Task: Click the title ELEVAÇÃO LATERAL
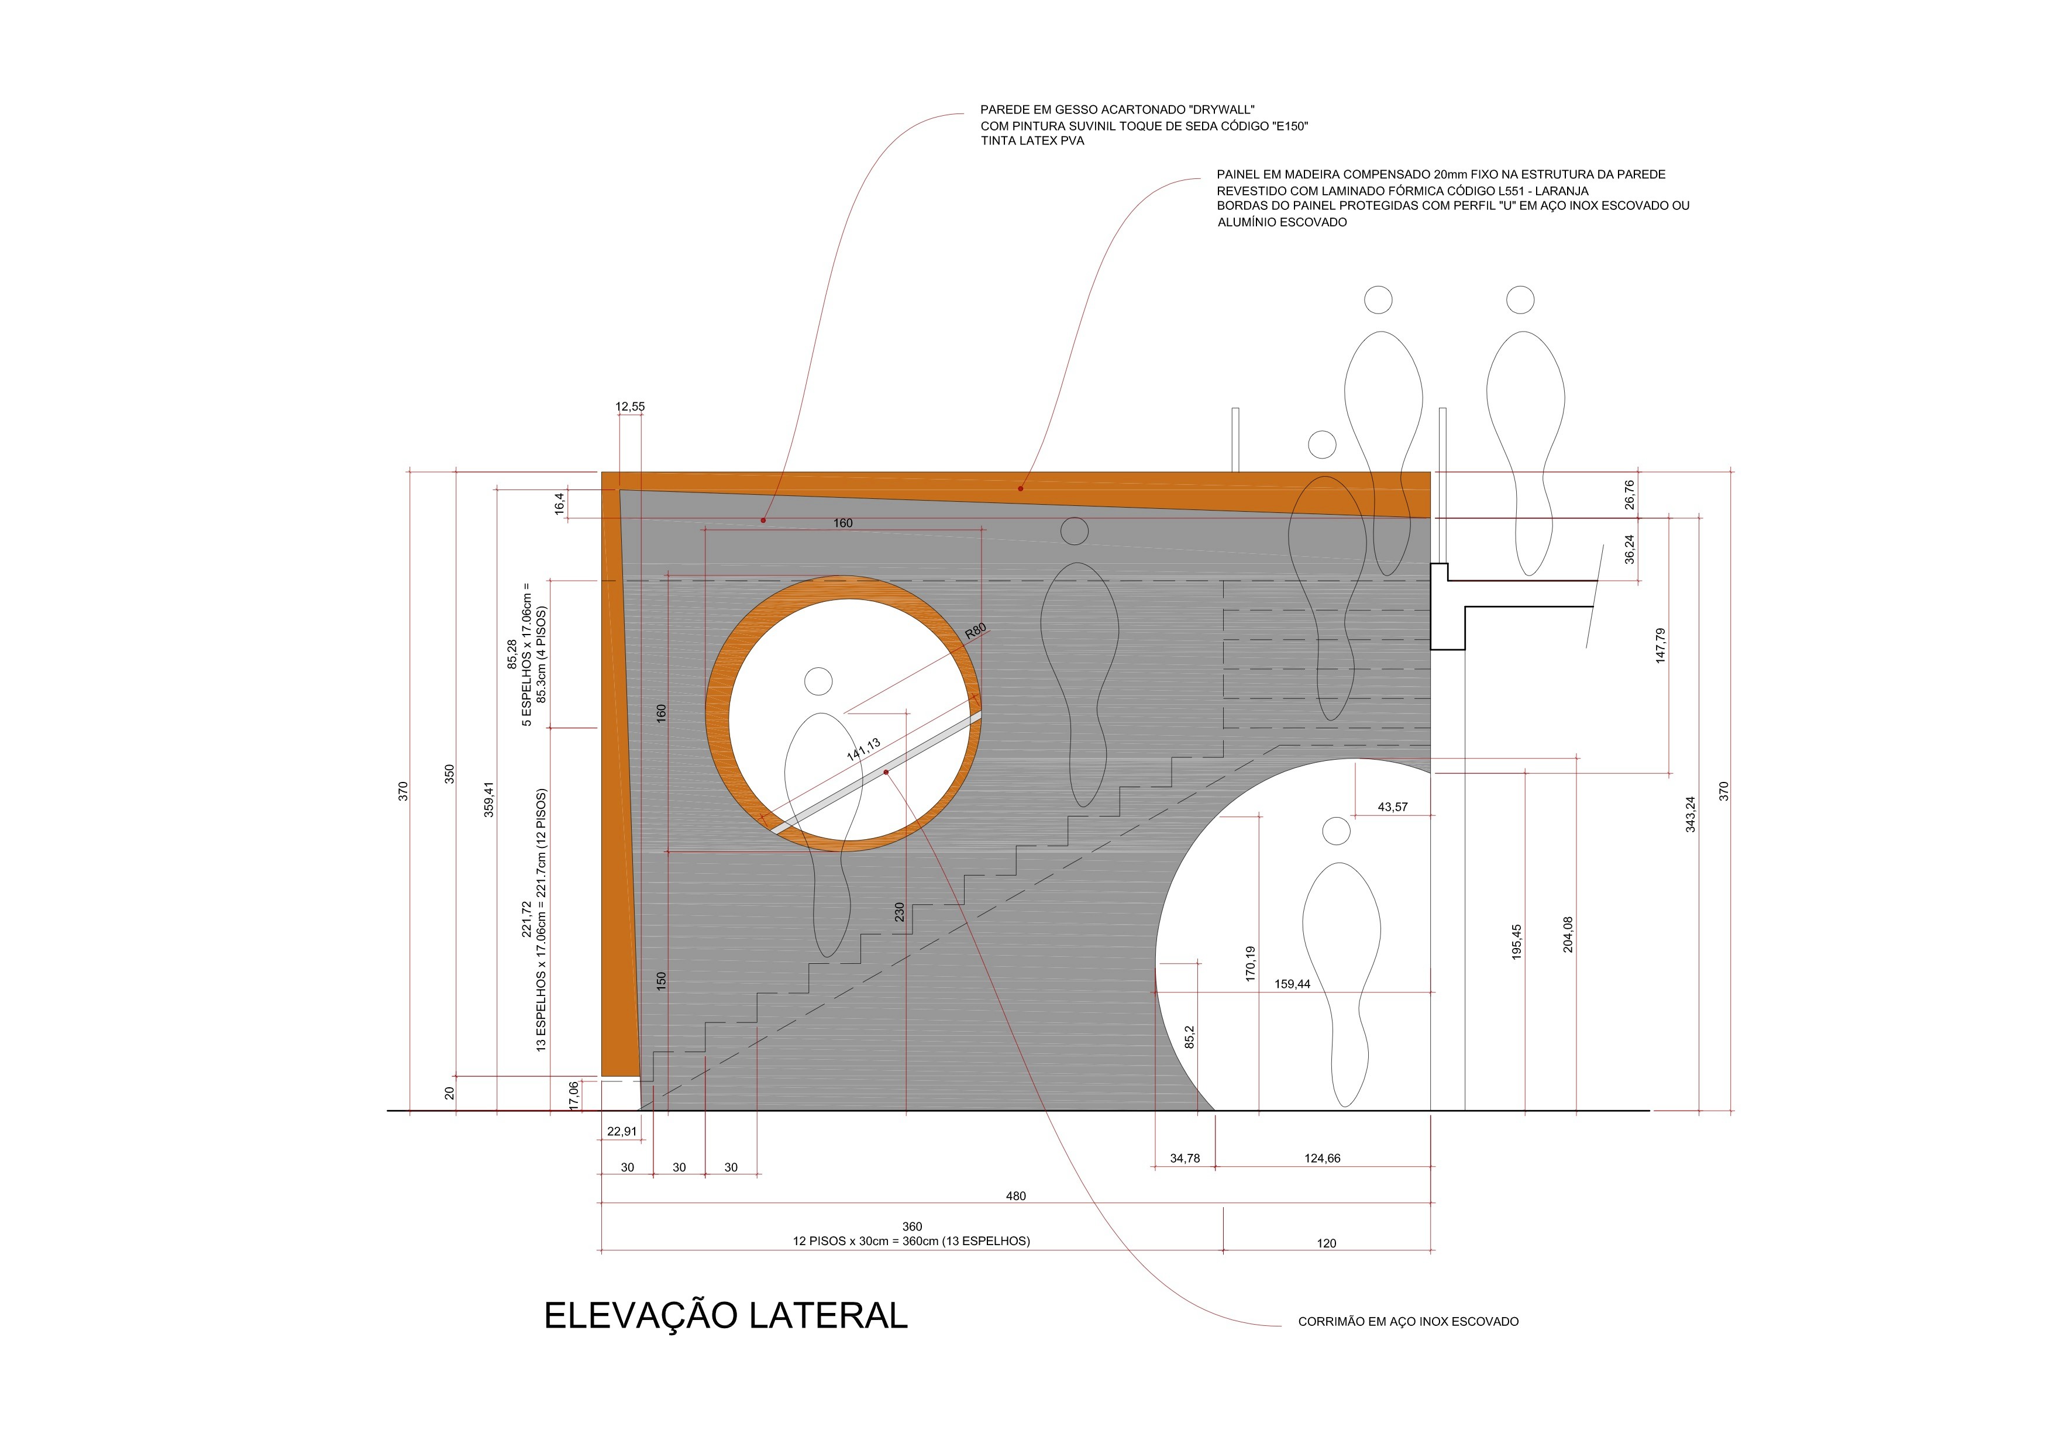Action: (726, 1315)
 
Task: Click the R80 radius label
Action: (975, 631)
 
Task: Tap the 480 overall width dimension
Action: (1016, 1195)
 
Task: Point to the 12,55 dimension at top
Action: (630, 406)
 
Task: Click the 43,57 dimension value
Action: (1392, 807)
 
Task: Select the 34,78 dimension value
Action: (1185, 1158)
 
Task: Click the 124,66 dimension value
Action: (1323, 1158)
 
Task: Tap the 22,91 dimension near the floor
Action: (622, 1131)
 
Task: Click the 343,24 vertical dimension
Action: (1690, 815)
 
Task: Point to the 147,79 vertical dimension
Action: (1661, 645)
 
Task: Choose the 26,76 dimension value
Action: (1629, 495)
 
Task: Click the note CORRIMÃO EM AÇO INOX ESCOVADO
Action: (1409, 1321)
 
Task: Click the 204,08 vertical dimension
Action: (1568, 935)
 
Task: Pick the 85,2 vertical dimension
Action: (1190, 1036)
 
